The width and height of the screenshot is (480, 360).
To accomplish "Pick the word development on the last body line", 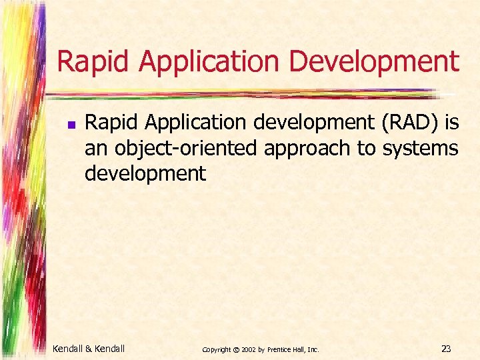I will [x=145, y=173].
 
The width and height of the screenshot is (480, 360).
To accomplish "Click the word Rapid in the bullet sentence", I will [x=108, y=123].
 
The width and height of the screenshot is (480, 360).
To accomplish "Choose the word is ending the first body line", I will [x=451, y=123].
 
